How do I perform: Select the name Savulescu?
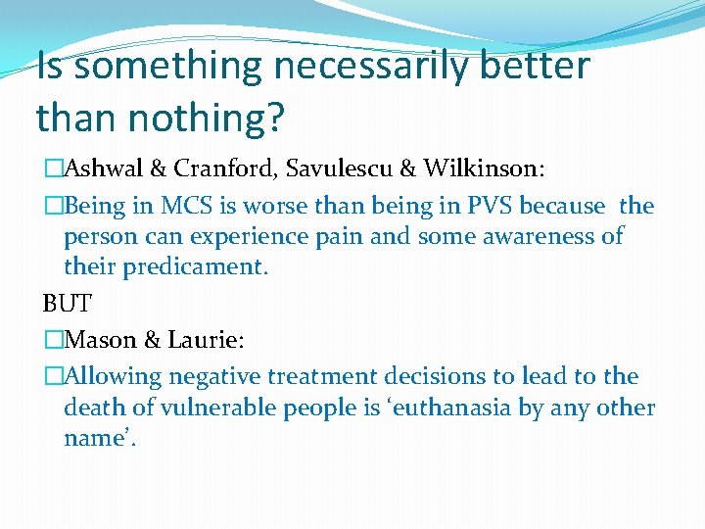(349, 169)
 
